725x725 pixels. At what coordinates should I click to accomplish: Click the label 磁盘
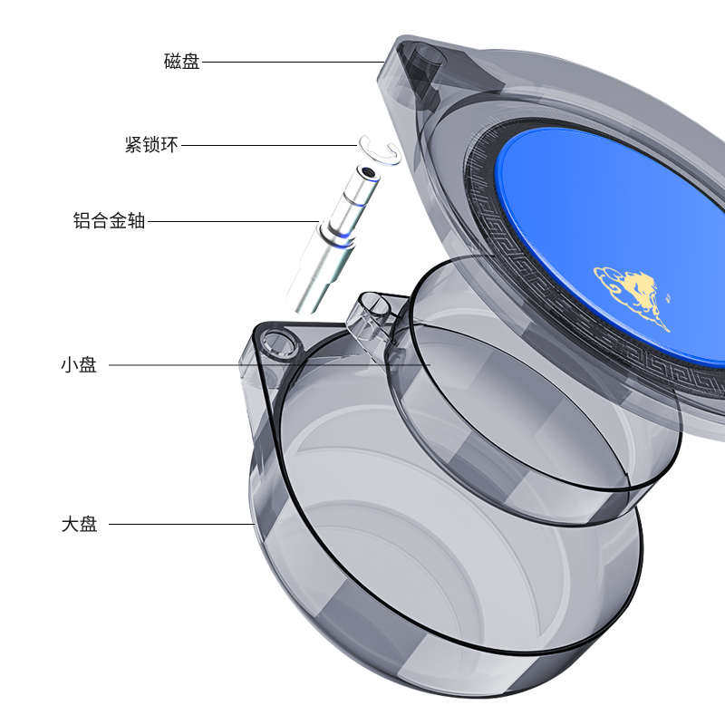pos(181,62)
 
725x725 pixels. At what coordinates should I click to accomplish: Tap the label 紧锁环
pos(151,144)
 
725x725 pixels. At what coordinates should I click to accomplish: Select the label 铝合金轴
pos(109,220)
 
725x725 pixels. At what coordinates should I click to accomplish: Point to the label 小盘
pos(79,365)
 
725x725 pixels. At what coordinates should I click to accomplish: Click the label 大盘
pos(79,524)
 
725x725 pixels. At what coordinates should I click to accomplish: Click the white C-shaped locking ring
pos(380,149)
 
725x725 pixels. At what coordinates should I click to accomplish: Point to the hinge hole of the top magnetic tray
pos(426,59)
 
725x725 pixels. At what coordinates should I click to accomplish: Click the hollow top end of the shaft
pos(366,172)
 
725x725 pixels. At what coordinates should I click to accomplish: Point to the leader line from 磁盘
pos(290,62)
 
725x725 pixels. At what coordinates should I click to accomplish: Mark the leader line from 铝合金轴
pos(231,220)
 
